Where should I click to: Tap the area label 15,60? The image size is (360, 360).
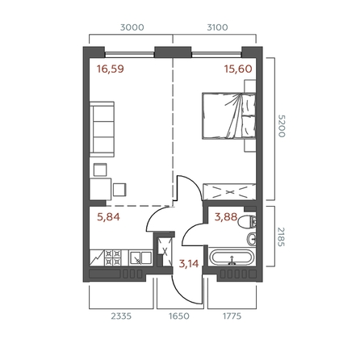click(x=237, y=69)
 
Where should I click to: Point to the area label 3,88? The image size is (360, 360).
click(x=224, y=216)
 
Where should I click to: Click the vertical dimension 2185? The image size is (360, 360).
click(x=282, y=240)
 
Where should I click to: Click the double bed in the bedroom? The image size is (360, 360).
click(x=229, y=118)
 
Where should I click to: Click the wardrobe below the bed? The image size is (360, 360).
click(x=229, y=192)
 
